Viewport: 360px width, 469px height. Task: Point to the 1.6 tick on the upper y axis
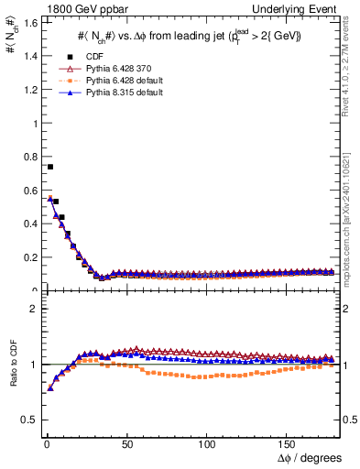[28, 22]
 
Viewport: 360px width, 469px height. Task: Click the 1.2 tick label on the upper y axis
[28, 89]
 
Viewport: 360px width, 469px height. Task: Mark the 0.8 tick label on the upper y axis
[28, 157]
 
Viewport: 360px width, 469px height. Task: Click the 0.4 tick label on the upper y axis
[28, 224]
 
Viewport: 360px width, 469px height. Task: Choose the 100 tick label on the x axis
[205, 444]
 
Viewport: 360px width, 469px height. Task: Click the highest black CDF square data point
[50, 167]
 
